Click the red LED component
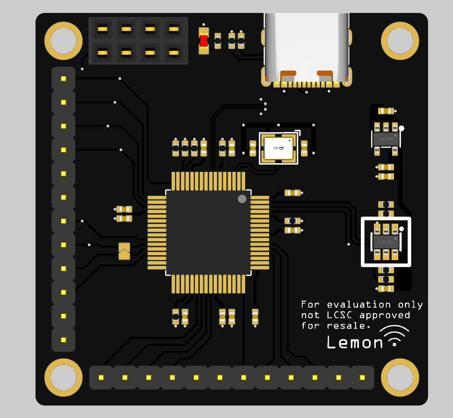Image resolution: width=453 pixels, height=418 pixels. click(204, 41)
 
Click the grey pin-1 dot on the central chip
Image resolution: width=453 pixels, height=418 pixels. click(242, 199)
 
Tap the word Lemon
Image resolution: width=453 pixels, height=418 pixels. click(355, 342)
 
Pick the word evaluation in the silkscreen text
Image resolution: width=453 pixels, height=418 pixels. click(359, 305)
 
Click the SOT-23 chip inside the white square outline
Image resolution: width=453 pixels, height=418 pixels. click(386, 241)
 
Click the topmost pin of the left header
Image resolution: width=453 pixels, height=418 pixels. click(63, 79)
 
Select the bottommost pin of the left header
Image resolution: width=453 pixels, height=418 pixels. click(63, 340)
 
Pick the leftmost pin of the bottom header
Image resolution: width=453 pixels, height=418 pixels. click(101, 378)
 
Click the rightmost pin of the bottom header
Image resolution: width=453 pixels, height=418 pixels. click(362, 378)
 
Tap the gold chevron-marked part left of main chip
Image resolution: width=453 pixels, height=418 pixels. click(124, 251)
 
